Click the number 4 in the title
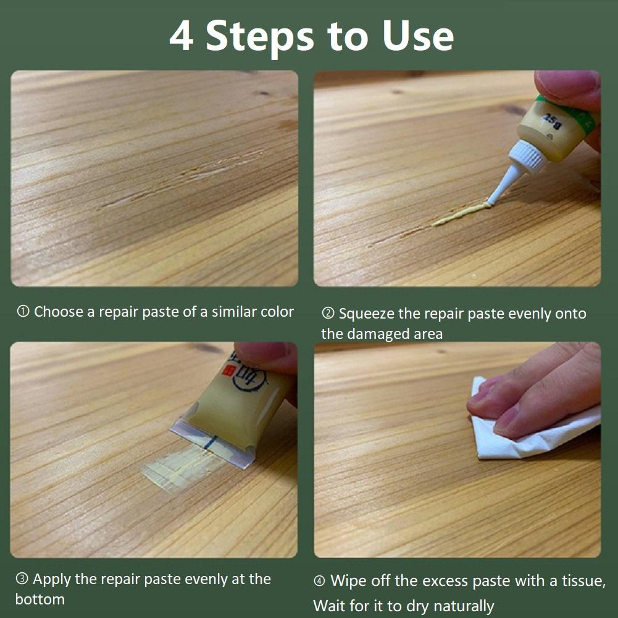[181, 36]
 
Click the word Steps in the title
[259, 36]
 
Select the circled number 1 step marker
[23, 312]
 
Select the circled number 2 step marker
[328, 314]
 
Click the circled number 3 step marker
[22, 579]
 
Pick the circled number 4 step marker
[320, 581]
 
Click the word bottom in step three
[40, 599]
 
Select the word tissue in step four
[584, 581]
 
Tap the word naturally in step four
[460, 606]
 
